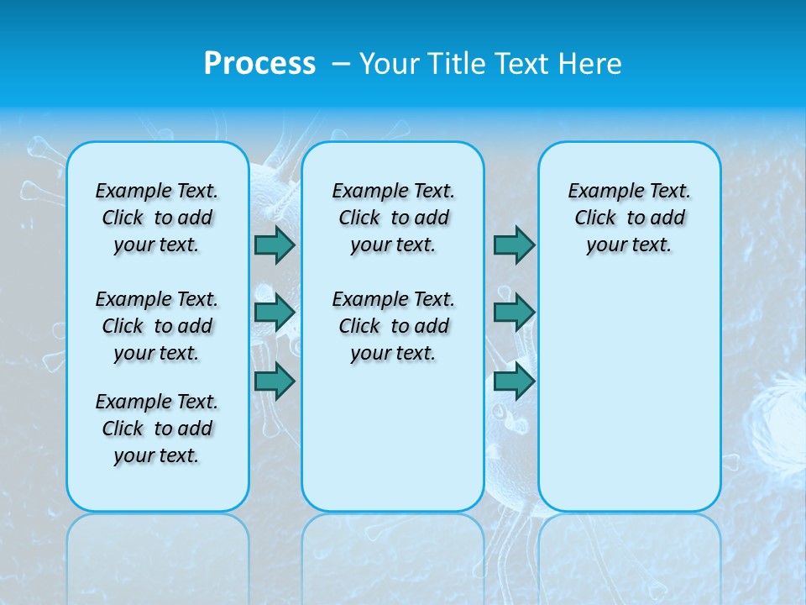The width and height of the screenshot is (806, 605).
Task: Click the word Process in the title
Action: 259,63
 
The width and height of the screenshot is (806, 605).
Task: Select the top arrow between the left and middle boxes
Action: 275,245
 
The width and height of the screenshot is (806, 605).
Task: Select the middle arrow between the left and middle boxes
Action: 275,313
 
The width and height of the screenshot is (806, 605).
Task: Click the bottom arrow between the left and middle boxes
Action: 275,381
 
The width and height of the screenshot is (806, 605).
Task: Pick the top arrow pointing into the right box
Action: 514,245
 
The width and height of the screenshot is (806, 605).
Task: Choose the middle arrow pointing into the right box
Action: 514,313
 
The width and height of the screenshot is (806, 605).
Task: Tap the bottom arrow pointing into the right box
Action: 514,381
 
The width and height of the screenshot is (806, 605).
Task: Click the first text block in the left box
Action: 157,218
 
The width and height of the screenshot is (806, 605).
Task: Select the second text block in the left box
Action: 157,326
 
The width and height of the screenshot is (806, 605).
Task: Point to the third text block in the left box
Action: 157,429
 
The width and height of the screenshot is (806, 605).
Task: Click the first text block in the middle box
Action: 393,218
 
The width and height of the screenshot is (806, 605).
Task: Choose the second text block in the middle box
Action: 393,326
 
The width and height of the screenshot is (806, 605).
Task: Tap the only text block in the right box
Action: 629,218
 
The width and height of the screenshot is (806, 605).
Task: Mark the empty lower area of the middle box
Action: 393,437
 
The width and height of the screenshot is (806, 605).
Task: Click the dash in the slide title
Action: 341,63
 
